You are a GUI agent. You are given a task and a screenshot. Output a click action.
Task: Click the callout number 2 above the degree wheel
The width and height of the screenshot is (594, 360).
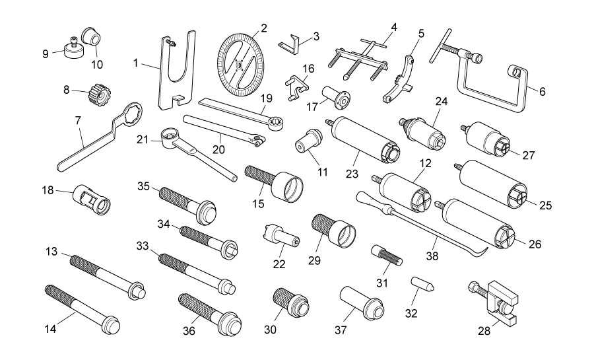[x=264, y=28]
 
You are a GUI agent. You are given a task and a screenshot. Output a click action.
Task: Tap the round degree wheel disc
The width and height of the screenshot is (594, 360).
[x=240, y=65]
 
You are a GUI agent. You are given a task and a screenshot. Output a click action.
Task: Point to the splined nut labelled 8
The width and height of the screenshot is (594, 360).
[x=99, y=94]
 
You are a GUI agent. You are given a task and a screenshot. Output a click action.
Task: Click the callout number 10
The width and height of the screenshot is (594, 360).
[x=97, y=65]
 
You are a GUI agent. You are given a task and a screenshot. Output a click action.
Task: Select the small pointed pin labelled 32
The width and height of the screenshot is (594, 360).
[x=422, y=284]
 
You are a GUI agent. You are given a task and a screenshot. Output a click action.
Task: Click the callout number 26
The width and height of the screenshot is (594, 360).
[x=535, y=244]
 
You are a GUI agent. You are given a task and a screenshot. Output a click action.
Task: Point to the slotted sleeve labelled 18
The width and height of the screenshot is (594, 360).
[x=91, y=199]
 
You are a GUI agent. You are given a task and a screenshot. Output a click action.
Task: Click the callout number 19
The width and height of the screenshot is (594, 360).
[x=266, y=98]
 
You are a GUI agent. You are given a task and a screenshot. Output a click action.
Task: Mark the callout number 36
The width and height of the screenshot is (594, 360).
[x=189, y=331]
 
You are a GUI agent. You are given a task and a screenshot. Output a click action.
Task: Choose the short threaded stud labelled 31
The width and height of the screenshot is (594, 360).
[x=386, y=255]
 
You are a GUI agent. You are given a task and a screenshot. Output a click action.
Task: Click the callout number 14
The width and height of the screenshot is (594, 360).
[x=50, y=328]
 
